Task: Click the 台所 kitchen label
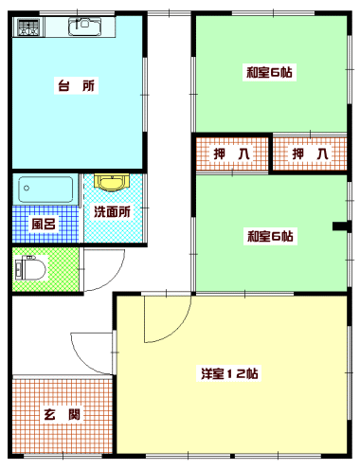coord(76,85)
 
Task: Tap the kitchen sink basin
coord(84,27)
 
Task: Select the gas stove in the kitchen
coord(28,27)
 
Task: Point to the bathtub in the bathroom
coord(45,190)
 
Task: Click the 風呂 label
coord(44,224)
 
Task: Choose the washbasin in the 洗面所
coord(112,183)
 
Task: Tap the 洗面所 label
coord(112,211)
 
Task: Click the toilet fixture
coord(30,269)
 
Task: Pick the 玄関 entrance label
coord(62,414)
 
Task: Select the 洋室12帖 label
coord(229,373)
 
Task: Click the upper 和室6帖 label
coord(269,72)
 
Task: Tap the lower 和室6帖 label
coord(270,236)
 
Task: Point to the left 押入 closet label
coord(231,154)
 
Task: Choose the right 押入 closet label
coord(310,154)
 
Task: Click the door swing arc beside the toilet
coord(115,279)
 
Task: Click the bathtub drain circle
coord(27,189)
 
